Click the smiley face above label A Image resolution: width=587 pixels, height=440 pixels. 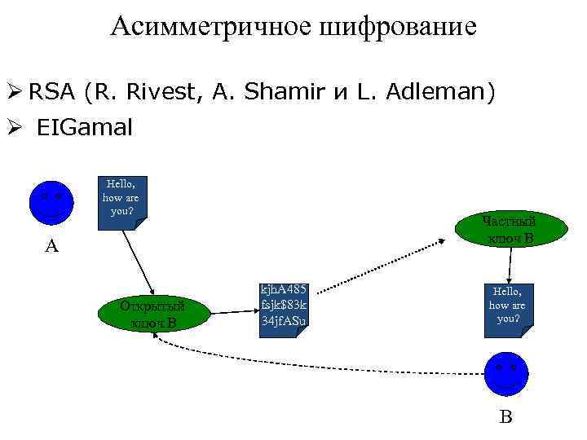point(51,201)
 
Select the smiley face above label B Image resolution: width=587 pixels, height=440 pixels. point(505,372)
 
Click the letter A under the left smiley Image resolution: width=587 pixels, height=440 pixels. point(51,245)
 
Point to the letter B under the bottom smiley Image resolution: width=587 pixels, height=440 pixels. point(505,417)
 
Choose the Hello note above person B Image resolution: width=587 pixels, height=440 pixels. point(506,306)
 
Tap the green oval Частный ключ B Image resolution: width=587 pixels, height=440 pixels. point(509,230)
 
